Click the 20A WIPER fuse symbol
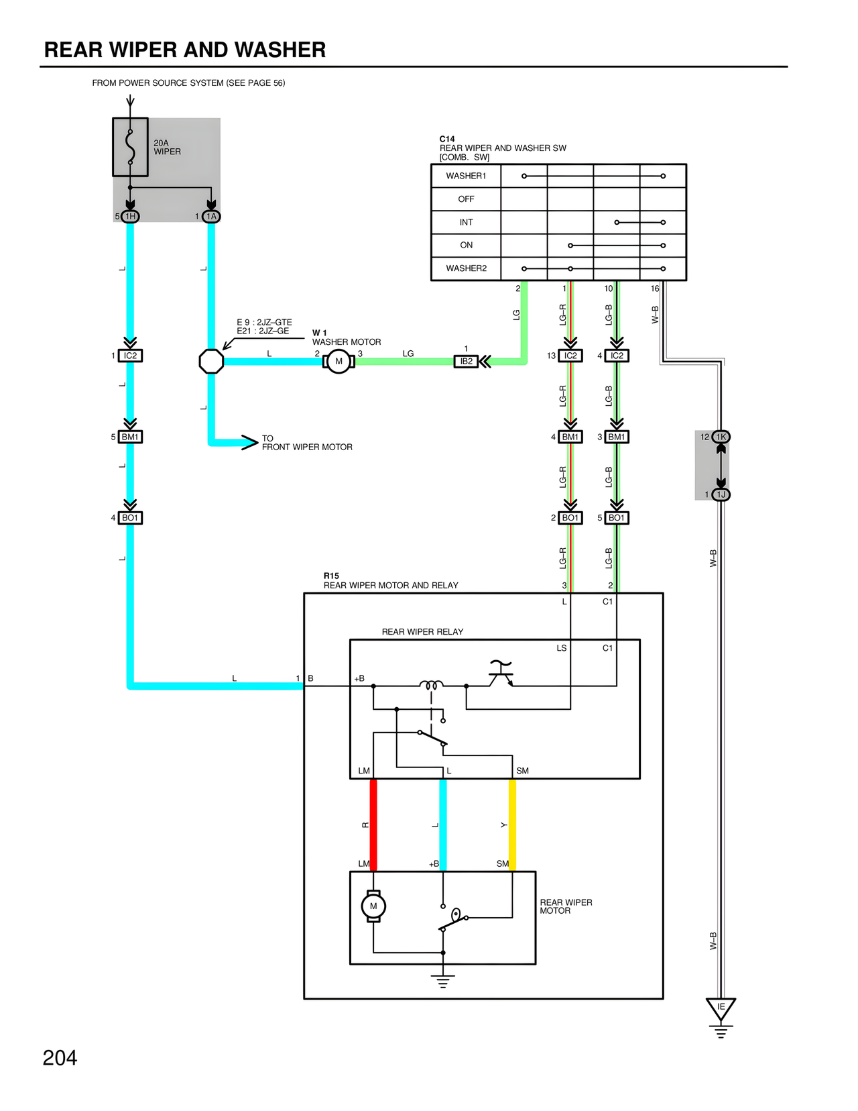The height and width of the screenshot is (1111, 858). pyautogui.click(x=130, y=147)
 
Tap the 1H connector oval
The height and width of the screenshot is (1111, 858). pyautogui.click(x=130, y=216)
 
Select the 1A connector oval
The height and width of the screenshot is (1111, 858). pyautogui.click(x=211, y=216)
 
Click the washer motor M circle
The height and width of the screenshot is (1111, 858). pyautogui.click(x=339, y=362)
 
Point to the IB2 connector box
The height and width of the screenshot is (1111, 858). pyautogui.click(x=466, y=362)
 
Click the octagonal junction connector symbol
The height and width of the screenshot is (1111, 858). pyautogui.click(x=211, y=362)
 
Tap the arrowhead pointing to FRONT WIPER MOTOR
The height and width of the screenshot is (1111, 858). pyautogui.click(x=249, y=442)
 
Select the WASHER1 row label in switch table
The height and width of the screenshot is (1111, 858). pyautogui.click(x=466, y=176)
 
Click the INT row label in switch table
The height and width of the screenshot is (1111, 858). pyautogui.click(x=466, y=222)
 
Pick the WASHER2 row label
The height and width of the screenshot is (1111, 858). pyautogui.click(x=466, y=268)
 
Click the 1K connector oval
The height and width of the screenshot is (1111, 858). pyautogui.click(x=721, y=437)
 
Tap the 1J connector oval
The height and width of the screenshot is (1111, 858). pyautogui.click(x=721, y=494)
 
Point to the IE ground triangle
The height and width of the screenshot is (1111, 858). pyautogui.click(x=721, y=1008)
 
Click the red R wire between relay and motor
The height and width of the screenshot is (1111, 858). pyautogui.click(x=373, y=825)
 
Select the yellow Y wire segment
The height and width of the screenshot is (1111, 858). pyautogui.click(x=512, y=825)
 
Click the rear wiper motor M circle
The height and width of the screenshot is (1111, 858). pyautogui.click(x=373, y=906)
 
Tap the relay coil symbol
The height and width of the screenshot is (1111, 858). pyautogui.click(x=431, y=685)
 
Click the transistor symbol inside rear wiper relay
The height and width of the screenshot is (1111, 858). pyautogui.click(x=500, y=674)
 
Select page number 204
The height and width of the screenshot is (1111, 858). pyautogui.click(x=60, y=1058)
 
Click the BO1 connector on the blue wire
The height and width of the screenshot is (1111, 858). pyautogui.click(x=130, y=518)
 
